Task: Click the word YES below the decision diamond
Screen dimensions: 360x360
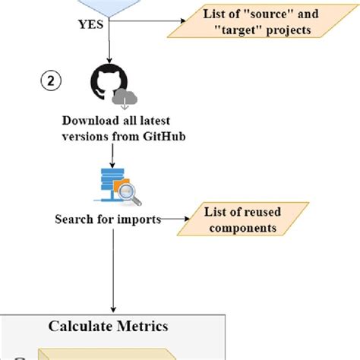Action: pos(92,23)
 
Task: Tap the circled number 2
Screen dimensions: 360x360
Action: pos(49,81)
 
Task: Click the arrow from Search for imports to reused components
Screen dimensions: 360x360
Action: pos(177,219)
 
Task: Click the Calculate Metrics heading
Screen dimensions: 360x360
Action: pos(108,327)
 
